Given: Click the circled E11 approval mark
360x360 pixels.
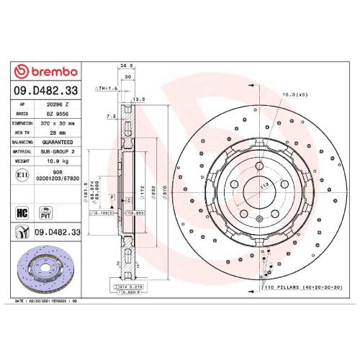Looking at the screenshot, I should [22, 174].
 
